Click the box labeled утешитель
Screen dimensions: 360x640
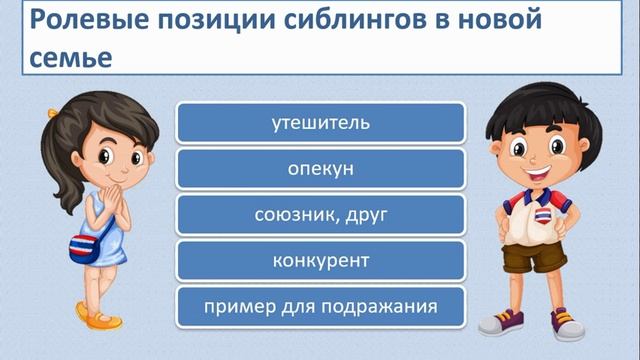point(320,124)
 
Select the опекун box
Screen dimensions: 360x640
point(320,169)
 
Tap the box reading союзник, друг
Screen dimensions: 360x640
point(320,215)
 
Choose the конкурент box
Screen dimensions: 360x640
point(320,261)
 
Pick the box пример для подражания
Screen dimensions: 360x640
point(320,306)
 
